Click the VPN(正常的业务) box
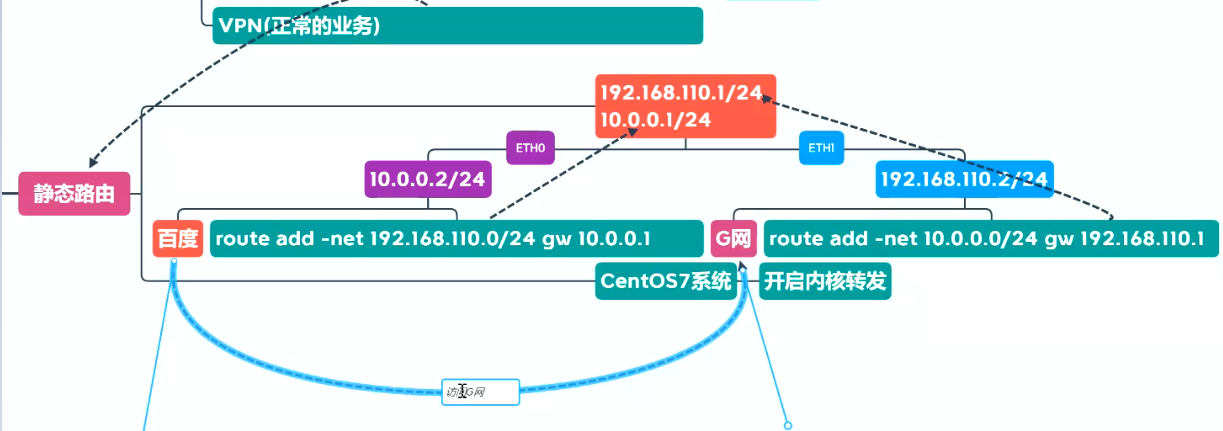point(457,26)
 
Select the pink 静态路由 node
point(74,194)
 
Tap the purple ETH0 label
point(529,150)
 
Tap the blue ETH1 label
point(821,150)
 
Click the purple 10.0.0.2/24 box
point(429,180)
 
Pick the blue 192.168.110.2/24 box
point(964,180)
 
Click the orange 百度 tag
point(178,240)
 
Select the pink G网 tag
point(733,240)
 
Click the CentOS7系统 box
point(666,281)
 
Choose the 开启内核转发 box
point(825,281)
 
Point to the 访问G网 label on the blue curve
point(480,392)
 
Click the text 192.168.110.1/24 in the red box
point(680,93)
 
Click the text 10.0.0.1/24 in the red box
point(655,120)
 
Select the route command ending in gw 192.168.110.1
point(990,240)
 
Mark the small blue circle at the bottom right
point(787,426)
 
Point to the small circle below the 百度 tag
point(173,261)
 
